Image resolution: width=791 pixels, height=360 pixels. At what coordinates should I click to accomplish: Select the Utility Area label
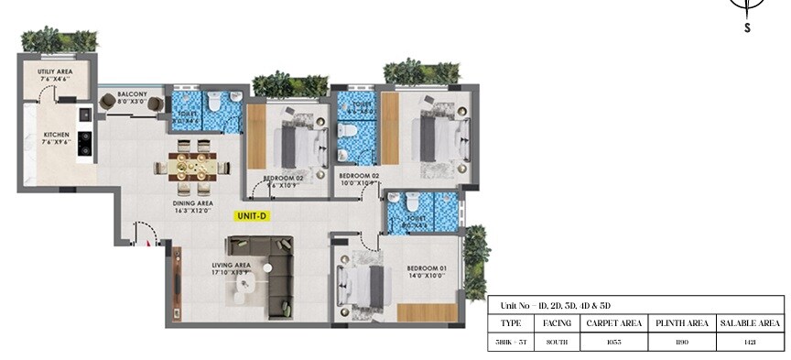point(55,76)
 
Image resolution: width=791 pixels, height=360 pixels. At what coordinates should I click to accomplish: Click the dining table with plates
point(192,165)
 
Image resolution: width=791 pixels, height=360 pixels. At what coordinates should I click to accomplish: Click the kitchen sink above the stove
point(84,114)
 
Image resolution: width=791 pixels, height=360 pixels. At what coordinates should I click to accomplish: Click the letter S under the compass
point(748,28)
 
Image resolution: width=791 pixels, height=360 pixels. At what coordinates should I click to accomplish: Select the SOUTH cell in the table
point(557,343)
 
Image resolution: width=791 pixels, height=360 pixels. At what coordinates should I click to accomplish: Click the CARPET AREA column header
point(613,323)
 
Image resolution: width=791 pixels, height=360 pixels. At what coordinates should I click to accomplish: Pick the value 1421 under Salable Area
point(750,343)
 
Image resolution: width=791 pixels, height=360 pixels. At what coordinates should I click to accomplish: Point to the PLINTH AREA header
point(682,323)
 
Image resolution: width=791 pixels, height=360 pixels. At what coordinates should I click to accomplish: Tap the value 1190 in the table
point(682,343)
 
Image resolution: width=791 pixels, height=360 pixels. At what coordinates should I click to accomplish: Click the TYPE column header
point(512,323)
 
